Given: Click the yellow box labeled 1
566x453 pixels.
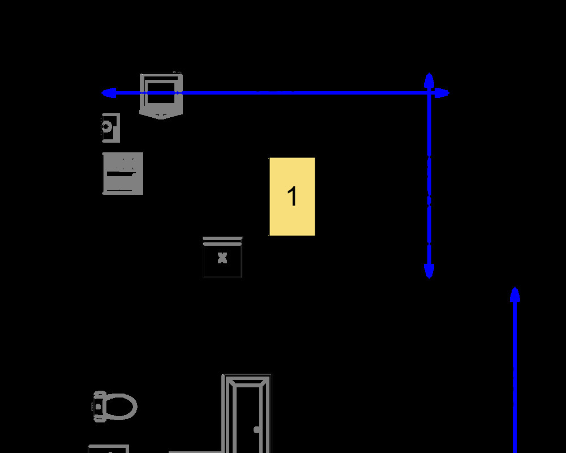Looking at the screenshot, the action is point(292,196).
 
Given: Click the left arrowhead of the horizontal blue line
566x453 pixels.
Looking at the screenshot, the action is point(108,93).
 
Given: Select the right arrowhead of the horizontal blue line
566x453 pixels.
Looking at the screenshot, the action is point(442,93).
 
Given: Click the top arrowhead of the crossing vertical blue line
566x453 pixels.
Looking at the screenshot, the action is point(429,80).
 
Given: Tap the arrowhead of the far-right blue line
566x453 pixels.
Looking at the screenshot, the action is point(515,294).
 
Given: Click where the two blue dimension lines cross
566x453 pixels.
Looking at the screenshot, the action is point(429,93).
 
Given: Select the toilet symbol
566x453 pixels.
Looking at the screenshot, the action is point(114,407).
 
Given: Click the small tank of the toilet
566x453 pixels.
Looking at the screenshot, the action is point(99,407).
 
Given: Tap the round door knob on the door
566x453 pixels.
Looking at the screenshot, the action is point(256,430).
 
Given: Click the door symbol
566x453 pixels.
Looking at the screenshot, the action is point(247,413).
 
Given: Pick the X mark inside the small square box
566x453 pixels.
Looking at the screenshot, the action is point(222,258).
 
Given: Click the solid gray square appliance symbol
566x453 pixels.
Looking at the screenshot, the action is point(123,173).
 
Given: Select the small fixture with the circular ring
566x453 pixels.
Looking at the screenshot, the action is point(110,128).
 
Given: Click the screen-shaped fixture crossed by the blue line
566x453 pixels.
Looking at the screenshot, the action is point(161,96).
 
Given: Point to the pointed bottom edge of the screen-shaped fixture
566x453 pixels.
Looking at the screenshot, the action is point(161,116).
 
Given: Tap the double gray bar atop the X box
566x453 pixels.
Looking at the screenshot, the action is point(222,241).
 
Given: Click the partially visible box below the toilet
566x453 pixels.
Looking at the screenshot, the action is point(109,449).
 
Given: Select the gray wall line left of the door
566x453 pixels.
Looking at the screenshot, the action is point(195,451).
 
